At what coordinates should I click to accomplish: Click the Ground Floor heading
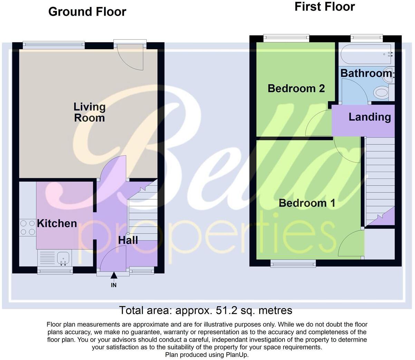tap(87, 12)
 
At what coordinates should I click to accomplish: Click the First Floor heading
tap(325, 7)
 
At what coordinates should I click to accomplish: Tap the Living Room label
tap(89, 112)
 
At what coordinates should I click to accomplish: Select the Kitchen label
tap(57, 224)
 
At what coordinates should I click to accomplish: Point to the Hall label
tap(128, 240)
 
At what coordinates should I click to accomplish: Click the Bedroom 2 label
tap(296, 88)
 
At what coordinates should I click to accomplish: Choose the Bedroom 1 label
tap(307, 203)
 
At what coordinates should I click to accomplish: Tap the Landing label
tap(369, 117)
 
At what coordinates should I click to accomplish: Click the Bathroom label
tap(366, 73)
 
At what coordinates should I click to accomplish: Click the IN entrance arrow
tap(114, 275)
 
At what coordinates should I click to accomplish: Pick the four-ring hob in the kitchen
tap(28, 228)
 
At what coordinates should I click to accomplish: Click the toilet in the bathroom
tap(382, 92)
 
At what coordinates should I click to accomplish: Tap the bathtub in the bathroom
tap(366, 54)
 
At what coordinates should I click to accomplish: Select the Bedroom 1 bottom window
tap(293, 264)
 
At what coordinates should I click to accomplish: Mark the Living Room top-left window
tap(54, 45)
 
